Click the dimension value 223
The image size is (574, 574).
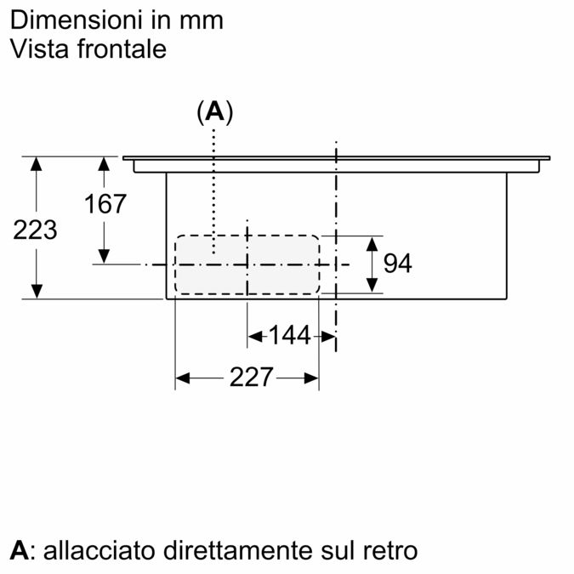(x=35, y=230)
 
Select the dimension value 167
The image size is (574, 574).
(x=105, y=204)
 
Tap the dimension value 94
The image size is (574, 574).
(x=398, y=263)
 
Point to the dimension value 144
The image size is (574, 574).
(x=290, y=335)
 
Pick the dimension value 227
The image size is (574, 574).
(x=251, y=377)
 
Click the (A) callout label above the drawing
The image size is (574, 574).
(x=215, y=111)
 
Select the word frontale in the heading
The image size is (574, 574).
(x=122, y=48)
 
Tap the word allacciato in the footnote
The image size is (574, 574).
(x=99, y=550)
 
